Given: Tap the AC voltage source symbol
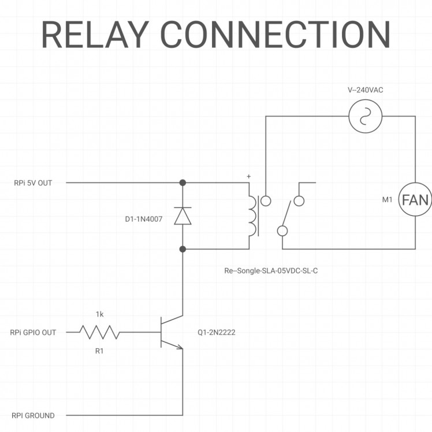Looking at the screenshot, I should [x=366, y=116].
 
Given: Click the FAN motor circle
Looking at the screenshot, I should [x=415, y=200].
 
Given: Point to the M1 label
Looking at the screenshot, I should [x=388, y=200].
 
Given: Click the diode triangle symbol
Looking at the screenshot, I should [x=183, y=215].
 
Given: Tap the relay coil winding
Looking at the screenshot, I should [x=252, y=217].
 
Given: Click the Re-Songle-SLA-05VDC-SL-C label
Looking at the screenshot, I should [x=271, y=270].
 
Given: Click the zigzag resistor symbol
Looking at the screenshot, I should [x=99, y=332].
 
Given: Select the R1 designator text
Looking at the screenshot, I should [x=99, y=351].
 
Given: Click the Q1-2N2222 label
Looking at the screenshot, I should [x=216, y=333].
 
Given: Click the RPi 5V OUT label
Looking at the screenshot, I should [x=33, y=183].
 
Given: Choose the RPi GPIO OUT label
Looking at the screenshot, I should [x=33, y=333].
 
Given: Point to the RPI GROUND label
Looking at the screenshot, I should [x=33, y=415].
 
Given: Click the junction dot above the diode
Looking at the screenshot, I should [x=183, y=183].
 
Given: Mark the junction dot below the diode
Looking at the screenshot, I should [x=183, y=249].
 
